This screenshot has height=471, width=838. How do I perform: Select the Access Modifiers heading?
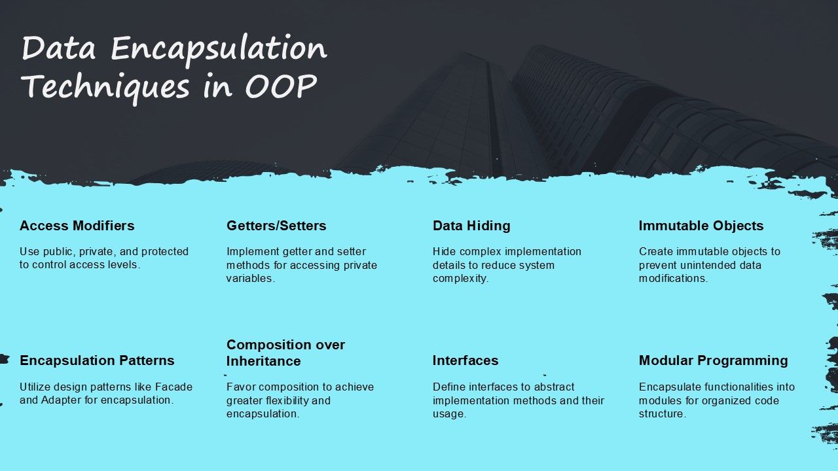pyautogui.click(x=77, y=226)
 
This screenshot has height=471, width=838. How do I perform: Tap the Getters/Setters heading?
pyautogui.click(x=276, y=226)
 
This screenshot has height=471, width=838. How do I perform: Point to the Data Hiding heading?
pyautogui.click(x=471, y=226)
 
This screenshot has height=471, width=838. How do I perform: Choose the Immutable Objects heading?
pyautogui.click(x=701, y=226)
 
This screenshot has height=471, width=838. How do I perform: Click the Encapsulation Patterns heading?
pyautogui.click(x=97, y=360)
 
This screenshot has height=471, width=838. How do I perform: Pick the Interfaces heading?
pyautogui.click(x=465, y=360)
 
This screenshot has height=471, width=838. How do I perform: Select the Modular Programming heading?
pyautogui.click(x=714, y=360)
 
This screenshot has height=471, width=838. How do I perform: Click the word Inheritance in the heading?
pyautogui.click(x=264, y=361)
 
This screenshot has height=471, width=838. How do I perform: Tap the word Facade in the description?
pyautogui.click(x=175, y=387)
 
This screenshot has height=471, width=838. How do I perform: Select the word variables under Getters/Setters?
pyautogui.click(x=249, y=278)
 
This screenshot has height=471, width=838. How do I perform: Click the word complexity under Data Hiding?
pyautogui.click(x=460, y=278)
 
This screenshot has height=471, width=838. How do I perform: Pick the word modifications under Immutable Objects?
pyautogui.click(x=672, y=278)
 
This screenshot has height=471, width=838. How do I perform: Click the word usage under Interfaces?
pyautogui.click(x=448, y=414)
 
